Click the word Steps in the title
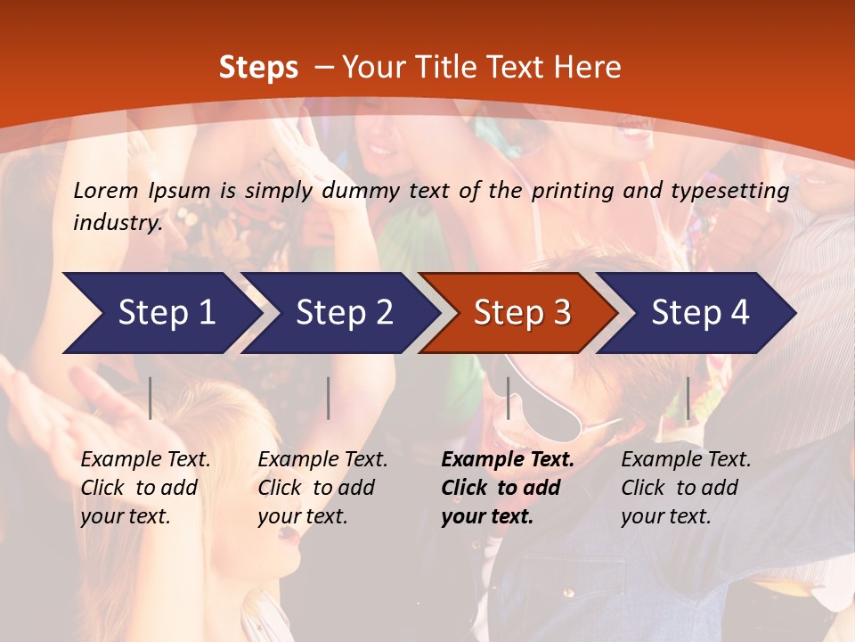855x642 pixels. [x=258, y=68]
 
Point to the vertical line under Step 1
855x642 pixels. [x=151, y=398]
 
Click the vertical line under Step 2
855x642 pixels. [x=329, y=398]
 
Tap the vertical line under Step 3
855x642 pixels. [x=509, y=398]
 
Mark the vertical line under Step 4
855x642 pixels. [x=688, y=398]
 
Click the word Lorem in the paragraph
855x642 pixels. [x=106, y=191]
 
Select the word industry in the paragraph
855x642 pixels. [x=118, y=223]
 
